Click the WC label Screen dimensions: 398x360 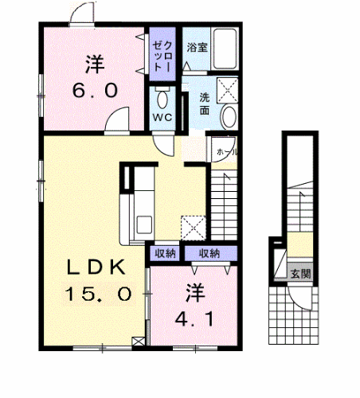pos(162,117)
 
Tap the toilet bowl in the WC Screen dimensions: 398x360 pos(162,99)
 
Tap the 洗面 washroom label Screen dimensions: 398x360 pos(205,103)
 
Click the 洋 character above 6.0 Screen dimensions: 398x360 pos(95,61)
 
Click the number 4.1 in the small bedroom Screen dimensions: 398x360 pos(192,322)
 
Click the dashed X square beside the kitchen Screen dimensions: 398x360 pos(193,227)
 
